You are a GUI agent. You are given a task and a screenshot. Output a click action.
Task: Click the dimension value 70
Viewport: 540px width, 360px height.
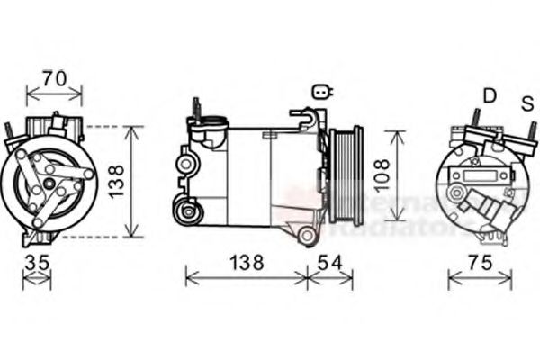[55, 78]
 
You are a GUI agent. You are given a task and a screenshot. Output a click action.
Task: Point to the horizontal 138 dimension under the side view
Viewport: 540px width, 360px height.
[244, 264]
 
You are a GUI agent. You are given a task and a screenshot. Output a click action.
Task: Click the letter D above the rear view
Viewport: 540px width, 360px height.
[490, 95]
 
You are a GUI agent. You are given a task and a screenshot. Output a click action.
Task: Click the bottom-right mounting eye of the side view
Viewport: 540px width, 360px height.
[308, 237]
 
